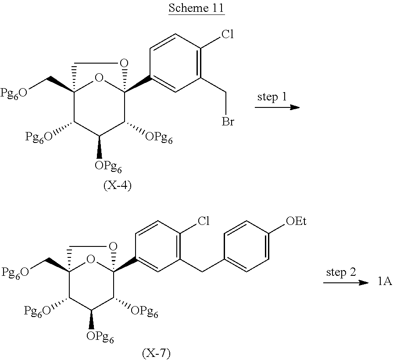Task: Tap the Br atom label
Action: pos(228,121)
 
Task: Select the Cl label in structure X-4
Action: pos(227,35)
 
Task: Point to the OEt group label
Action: pos(296,221)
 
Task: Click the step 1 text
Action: pos(272,97)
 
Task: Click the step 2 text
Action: pos(341,272)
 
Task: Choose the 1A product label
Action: pos(384,283)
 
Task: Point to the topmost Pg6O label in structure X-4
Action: pos(16,93)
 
